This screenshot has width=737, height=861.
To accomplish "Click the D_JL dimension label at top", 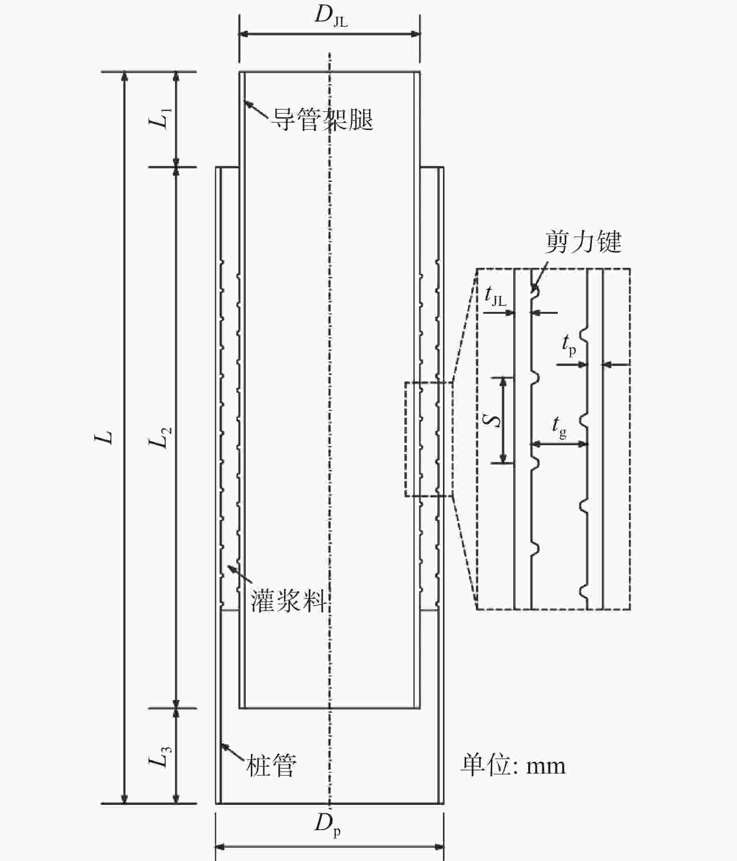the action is tap(331, 15).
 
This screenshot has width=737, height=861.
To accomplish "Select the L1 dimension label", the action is tap(161, 118).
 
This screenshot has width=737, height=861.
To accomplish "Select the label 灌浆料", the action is tap(289, 600).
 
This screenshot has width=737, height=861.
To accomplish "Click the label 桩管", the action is tap(271, 766).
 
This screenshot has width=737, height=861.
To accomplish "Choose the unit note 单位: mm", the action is tap(513, 766).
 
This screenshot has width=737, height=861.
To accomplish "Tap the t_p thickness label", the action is tap(569, 346).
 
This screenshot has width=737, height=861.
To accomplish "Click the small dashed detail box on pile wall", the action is tap(429, 439).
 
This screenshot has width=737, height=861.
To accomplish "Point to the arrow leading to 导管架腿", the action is tap(256, 109).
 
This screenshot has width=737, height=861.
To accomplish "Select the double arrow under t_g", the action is tap(559, 443).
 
